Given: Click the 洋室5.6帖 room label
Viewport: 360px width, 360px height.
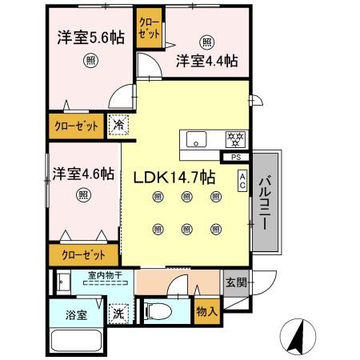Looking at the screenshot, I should (x=90, y=37).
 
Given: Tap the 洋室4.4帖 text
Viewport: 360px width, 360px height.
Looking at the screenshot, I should (x=206, y=61).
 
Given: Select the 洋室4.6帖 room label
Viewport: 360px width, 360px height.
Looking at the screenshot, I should (x=83, y=173).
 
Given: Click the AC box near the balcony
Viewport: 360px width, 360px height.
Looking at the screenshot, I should (x=242, y=182).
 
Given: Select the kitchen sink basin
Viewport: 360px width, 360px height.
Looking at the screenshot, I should (x=197, y=138).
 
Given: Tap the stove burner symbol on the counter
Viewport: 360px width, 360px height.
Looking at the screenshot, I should (x=235, y=138).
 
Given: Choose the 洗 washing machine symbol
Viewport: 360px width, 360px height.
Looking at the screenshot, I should (x=118, y=314).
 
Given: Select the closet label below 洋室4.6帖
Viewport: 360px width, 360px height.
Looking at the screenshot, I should (x=78, y=255).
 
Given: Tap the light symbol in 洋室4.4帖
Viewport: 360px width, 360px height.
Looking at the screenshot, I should (x=207, y=42).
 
